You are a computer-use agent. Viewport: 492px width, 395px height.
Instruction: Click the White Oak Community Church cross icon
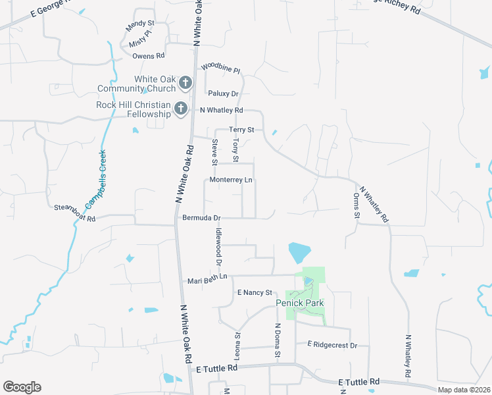(185, 83)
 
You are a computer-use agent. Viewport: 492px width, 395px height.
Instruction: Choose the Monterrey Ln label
(230, 180)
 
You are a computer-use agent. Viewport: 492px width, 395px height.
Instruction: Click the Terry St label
(241, 130)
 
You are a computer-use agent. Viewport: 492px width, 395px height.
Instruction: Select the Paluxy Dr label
(223, 94)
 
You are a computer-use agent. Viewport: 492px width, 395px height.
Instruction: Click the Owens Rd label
(148, 56)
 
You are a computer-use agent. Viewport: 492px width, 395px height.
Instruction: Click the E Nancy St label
(255, 292)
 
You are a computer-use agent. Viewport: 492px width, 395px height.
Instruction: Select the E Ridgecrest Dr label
(332, 345)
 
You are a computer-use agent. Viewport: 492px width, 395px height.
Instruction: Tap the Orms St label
(357, 205)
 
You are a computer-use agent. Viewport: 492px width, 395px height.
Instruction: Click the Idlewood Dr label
(218, 246)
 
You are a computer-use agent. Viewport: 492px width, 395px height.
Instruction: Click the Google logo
(22, 387)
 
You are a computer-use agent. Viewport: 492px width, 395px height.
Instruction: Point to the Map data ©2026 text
(464, 390)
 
